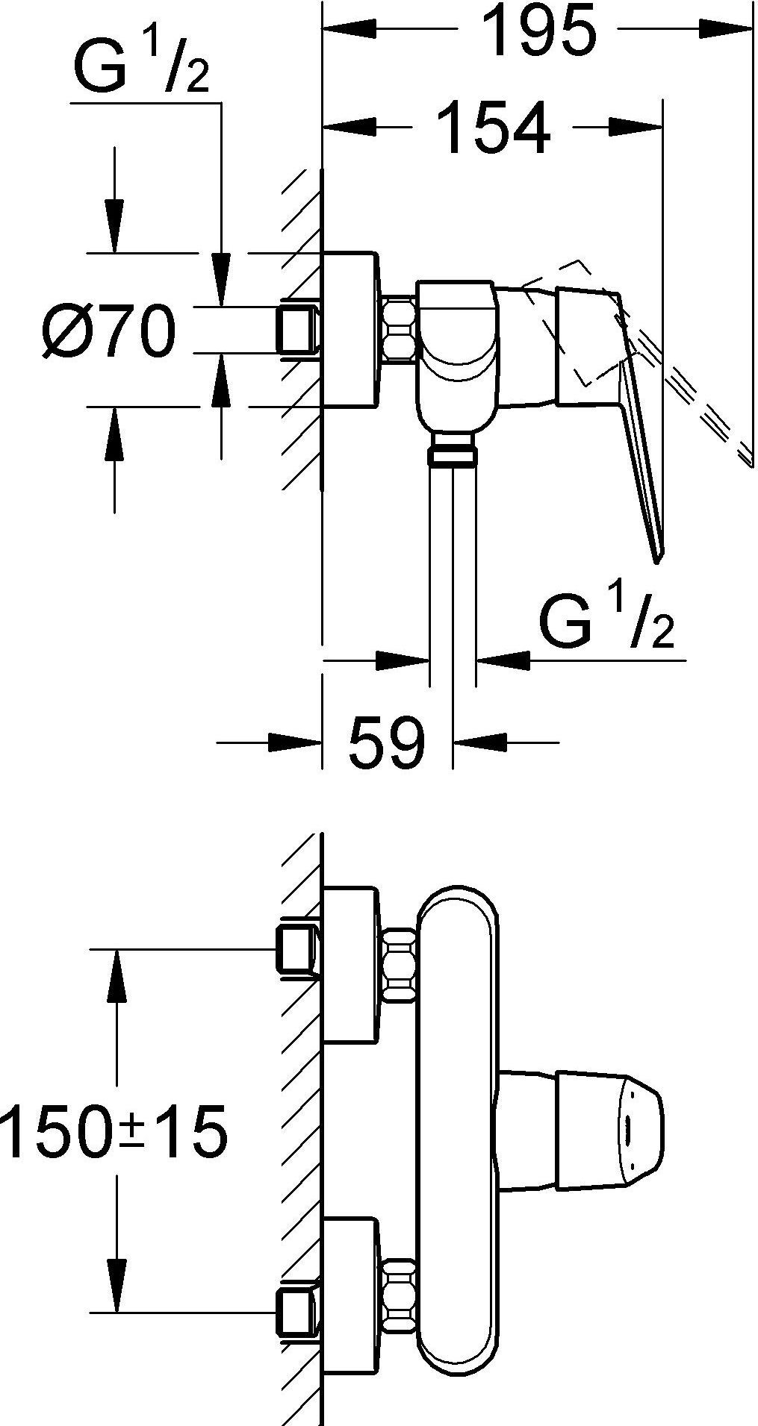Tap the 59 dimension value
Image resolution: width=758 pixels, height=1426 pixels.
386,742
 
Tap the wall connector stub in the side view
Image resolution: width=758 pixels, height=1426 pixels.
297,328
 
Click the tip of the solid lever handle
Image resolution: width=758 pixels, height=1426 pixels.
657,556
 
